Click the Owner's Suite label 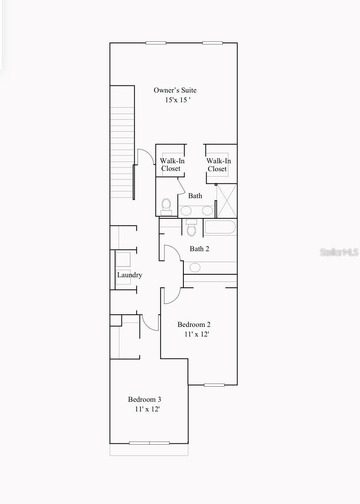175,90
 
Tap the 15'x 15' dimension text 177,100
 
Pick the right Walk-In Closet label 218,164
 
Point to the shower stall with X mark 226,201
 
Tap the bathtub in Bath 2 220,227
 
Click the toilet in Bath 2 191,228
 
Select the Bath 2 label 199,249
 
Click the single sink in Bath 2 195,267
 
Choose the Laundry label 130,275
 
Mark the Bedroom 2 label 194,324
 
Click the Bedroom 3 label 145,399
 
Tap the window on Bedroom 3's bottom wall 149,443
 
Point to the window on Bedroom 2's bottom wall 214,385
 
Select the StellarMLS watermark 339,252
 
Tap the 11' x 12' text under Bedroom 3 147,409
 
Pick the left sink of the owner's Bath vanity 186,211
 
